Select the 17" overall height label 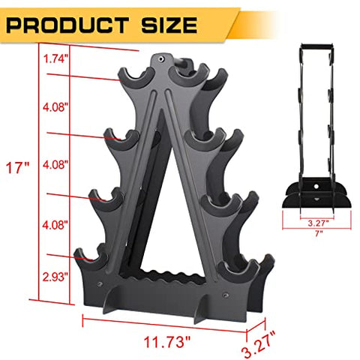(x=16, y=166)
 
